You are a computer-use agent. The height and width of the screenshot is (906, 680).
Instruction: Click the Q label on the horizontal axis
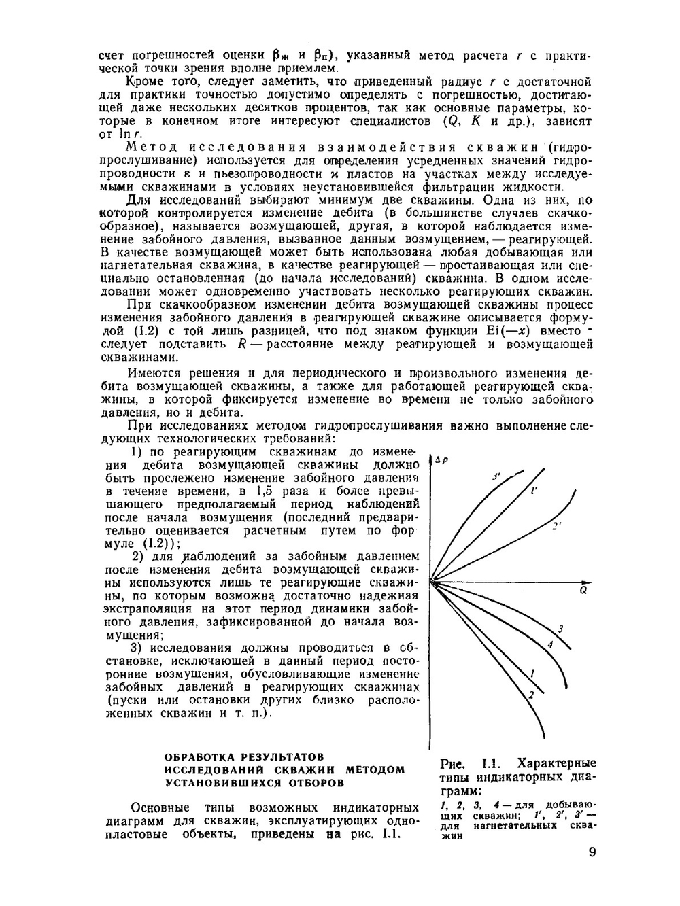pyautogui.click(x=583, y=591)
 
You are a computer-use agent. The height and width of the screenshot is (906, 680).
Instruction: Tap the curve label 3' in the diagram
pyautogui.click(x=496, y=477)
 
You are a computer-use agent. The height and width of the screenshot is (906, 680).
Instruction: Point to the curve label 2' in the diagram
pyautogui.click(x=556, y=526)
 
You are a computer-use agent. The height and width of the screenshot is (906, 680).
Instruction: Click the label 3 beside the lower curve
pyautogui.click(x=560, y=627)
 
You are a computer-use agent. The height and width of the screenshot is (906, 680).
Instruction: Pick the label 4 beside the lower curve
pyautogui.click(x=549, y=644)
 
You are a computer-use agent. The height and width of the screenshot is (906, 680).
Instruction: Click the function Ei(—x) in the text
pyautogui.click(x=524, y=331)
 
